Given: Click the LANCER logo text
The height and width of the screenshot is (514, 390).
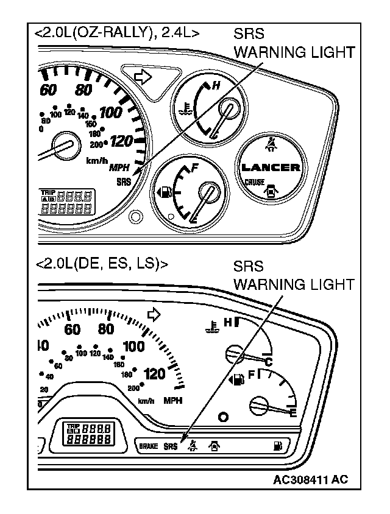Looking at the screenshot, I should (271, 167).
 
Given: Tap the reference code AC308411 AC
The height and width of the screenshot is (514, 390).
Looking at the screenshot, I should (310, 479).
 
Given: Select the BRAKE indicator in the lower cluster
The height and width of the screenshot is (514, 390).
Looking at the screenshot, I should (149, 446).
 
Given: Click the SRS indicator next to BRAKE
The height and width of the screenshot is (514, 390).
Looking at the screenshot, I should (171, 446).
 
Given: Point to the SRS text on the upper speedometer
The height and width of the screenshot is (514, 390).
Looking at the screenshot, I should (123, 181).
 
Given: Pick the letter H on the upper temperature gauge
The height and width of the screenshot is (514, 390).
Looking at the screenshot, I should (215, 87).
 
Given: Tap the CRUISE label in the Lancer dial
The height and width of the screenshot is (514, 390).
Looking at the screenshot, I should (254, 182).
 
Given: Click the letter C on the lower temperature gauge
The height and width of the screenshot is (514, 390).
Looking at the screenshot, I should (267, 363).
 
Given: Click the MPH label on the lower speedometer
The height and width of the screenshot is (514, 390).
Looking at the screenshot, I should (173, 401).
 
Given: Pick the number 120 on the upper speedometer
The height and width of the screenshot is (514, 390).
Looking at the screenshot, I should (123, 141).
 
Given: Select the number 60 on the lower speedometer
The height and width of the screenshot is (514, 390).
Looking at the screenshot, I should (72, 329).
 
